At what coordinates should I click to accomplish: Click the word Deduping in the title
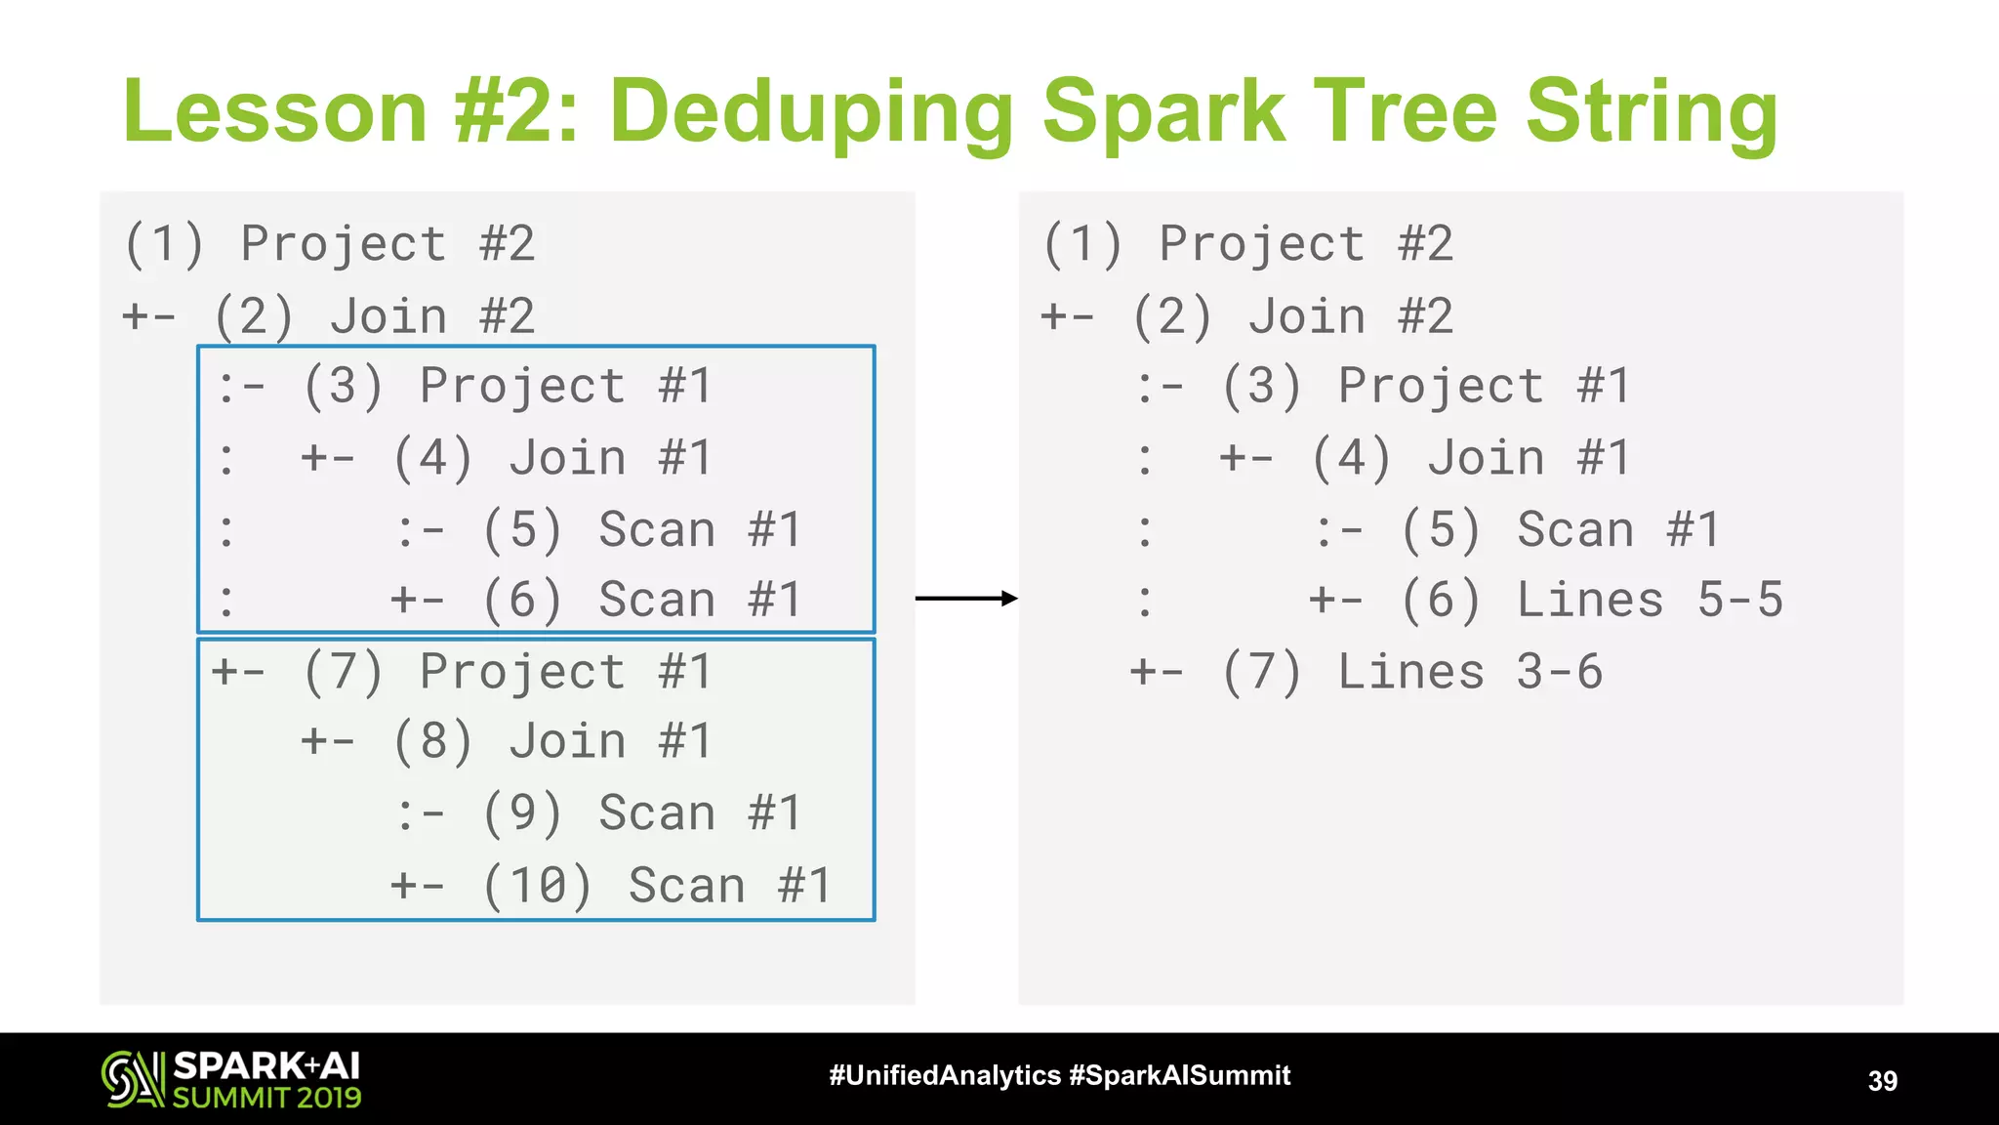tap(812, 112)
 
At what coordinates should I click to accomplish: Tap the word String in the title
tap(1652, 112)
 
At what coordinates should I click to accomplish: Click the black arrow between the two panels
tap(966, 599)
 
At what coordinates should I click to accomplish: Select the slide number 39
tap(1882, 1080)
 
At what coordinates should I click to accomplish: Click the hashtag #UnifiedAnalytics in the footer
tap(944, 1075)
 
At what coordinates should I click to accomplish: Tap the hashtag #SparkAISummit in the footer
tap(1179, 1075)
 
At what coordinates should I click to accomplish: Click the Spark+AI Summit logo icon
tap(132, 1079)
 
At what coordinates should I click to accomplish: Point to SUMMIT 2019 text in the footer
tap(266, 1098)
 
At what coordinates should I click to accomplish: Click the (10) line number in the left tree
tap(537, 886)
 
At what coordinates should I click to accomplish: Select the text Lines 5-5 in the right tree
tap(1650, 600)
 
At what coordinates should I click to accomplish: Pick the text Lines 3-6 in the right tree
tap(1470, 672)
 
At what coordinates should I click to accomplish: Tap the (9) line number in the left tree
tap(522, 813)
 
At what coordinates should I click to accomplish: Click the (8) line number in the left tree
tap(432, 741)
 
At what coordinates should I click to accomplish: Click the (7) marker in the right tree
tap(1261, 672)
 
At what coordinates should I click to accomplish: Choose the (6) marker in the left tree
tap(522, 600)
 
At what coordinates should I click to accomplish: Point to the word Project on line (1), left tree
tap(344, 244)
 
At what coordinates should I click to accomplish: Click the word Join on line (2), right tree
tap(1306, 316)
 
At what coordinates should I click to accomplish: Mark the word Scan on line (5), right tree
tap(1574, 530)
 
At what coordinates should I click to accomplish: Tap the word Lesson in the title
tap(275, 112)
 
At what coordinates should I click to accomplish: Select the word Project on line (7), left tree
tap(522, 672)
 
